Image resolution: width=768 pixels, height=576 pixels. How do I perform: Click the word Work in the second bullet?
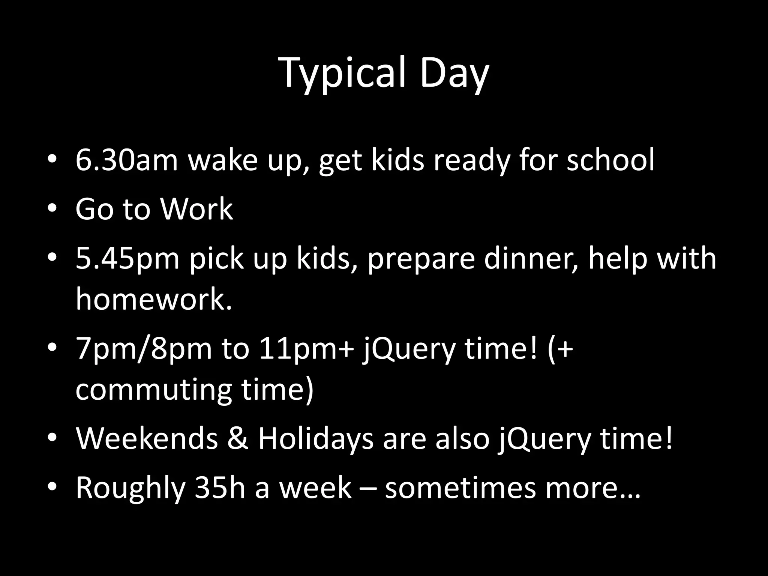click(x=197, y=209)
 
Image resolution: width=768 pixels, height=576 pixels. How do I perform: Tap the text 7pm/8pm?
click(x=144, y=348)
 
